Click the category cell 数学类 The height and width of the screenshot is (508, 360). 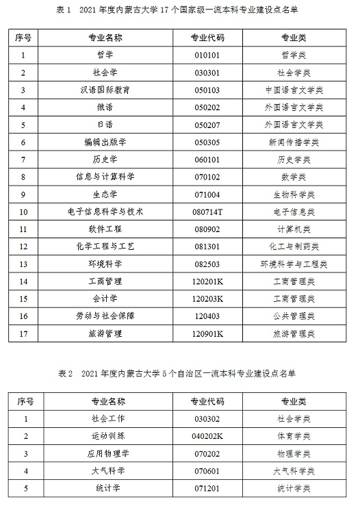(x=294, y=177)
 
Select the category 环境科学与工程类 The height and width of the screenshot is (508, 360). (x=294, y=264)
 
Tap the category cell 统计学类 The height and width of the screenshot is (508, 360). (x=294, y=488)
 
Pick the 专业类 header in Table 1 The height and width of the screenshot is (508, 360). (x=294, y=37)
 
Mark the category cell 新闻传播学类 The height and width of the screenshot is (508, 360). (x=294, y=142)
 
